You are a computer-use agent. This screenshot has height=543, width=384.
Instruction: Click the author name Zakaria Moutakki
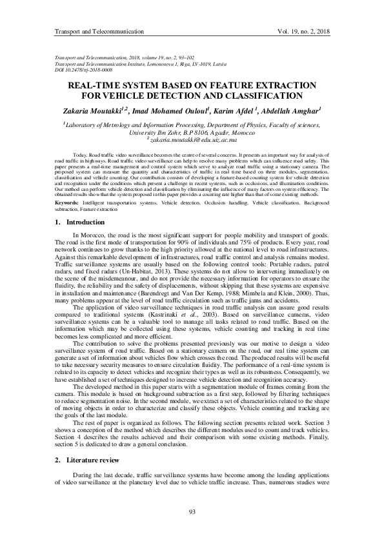click(x=95, y=110)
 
